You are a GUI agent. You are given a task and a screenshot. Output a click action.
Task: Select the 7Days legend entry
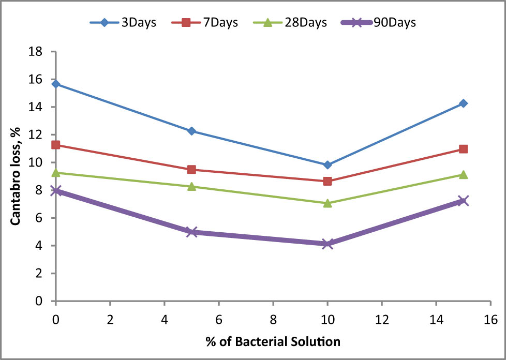(207, 23)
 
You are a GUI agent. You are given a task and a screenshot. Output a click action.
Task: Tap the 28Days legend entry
(293, 23)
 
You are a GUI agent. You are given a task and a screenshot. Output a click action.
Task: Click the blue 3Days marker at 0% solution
(56, 84)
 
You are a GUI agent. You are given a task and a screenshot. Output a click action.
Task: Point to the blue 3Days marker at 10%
(327, 165)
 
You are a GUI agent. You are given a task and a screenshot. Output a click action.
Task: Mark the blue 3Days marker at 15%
(463, 103)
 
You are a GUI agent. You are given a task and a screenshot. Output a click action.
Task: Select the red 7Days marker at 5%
(191, 170)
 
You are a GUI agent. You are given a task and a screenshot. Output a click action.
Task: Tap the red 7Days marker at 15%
(463, 149)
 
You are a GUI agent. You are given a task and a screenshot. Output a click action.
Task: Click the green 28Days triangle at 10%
(327, 203)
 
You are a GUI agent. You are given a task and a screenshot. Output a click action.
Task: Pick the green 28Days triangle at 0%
(56, 172)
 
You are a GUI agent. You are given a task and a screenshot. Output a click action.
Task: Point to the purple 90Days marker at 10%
(327, 244)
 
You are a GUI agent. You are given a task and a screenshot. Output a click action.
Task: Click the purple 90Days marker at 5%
(191, 232)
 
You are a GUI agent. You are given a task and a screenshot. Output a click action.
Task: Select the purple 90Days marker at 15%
(463, 201)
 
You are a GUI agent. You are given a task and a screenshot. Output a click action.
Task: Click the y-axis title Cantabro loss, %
(16, 176)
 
